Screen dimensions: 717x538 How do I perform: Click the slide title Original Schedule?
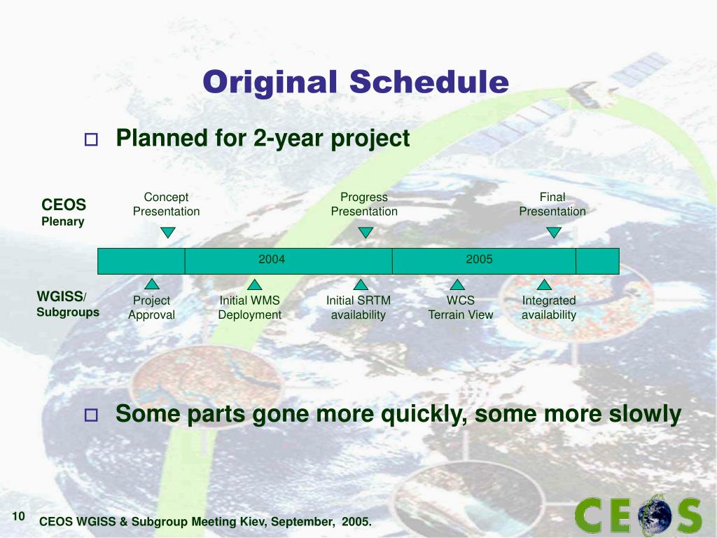point(356,83)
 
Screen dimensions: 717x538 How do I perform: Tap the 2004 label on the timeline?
point(272,259)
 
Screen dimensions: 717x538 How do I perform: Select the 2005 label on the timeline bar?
point(479,259)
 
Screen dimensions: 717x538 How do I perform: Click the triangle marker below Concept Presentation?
point(168,233)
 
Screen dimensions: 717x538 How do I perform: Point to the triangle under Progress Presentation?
point(366,233)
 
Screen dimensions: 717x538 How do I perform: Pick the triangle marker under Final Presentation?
point(554,233)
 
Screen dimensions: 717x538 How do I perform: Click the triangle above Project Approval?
point(152,284)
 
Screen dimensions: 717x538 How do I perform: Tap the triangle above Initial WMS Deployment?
point(255,284)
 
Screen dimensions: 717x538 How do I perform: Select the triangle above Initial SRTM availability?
point(361,284)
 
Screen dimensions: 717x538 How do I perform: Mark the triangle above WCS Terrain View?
point(457,284)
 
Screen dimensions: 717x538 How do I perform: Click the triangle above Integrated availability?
point(544,284)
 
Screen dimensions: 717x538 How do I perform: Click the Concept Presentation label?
point(167,204)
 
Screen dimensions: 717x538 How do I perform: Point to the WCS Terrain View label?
point(461,308)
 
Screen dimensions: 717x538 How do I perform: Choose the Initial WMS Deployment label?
point(250,308)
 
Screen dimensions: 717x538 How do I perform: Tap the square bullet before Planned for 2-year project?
point(92,139)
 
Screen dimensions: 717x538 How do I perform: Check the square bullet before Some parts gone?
point(92,415)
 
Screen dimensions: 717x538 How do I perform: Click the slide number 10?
point(18,516)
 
